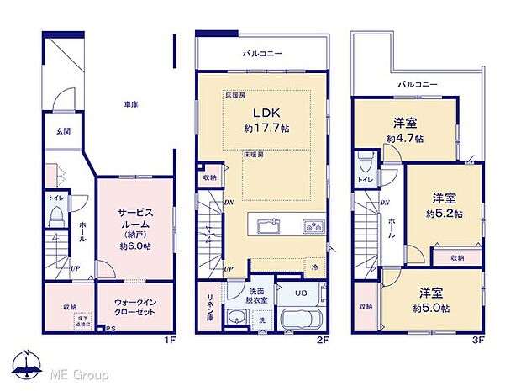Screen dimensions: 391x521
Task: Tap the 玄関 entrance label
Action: pos(64,131)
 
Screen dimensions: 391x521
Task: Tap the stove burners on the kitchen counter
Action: pos(313,225)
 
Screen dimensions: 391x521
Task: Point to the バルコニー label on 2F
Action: pos(263,54)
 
